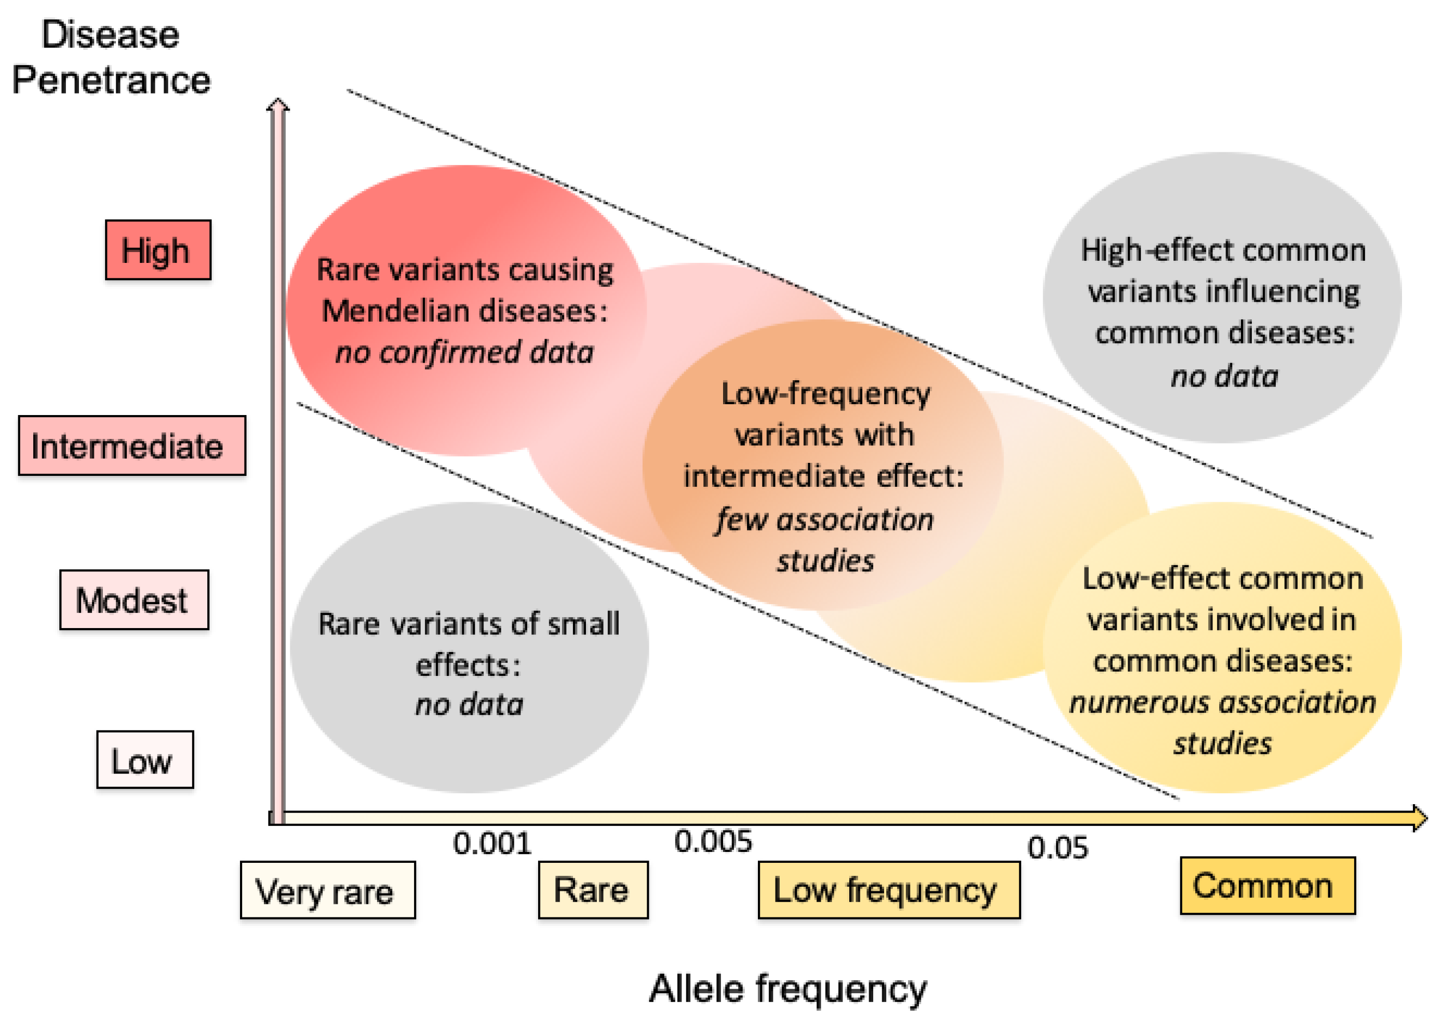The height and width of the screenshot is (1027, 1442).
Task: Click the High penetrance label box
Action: [157, 250]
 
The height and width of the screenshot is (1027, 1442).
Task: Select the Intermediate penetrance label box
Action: [131, 445]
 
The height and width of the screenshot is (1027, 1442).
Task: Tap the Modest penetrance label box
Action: [134, 599]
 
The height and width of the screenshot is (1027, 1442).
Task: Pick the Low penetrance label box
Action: [145, 759]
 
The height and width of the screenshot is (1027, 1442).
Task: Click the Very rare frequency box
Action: [327, 890]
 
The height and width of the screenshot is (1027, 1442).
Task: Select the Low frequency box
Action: [888, 890]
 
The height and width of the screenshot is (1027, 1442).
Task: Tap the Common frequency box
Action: [1267, 885]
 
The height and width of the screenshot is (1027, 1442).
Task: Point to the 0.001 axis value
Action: [492, 844]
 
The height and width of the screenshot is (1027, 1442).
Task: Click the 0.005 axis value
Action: [713, 842]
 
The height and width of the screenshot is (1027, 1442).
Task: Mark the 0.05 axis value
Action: [1057, 847]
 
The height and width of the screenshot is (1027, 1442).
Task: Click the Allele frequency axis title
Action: [787, 989]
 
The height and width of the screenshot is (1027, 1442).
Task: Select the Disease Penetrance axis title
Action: [111, 57]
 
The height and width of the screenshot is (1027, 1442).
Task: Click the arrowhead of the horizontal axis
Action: [1419, 818]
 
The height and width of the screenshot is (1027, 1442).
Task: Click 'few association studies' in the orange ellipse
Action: [825, 539]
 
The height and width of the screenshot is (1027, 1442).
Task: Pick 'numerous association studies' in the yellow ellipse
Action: [1222, 722]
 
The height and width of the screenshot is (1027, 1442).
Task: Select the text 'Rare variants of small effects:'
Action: [469, 644]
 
